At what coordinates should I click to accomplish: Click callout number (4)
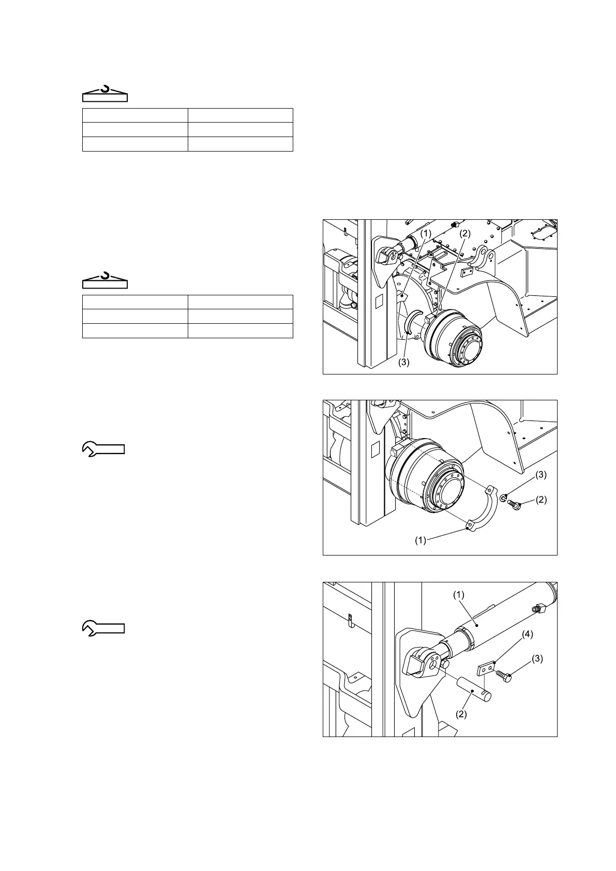(x=527, y=634)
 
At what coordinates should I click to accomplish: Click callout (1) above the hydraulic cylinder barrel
(x=459, y=595)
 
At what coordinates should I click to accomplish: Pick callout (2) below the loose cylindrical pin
(x=461, y=714)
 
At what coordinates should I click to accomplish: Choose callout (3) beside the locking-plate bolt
(x=537, y=659)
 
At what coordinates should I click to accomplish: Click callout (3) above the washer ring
(x=540, y=474)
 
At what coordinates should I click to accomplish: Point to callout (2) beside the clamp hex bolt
(x=540, y=500)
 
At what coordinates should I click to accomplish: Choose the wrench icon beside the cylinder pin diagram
(x=103, y=628)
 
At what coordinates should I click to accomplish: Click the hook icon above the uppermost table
(x=105, y=94)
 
